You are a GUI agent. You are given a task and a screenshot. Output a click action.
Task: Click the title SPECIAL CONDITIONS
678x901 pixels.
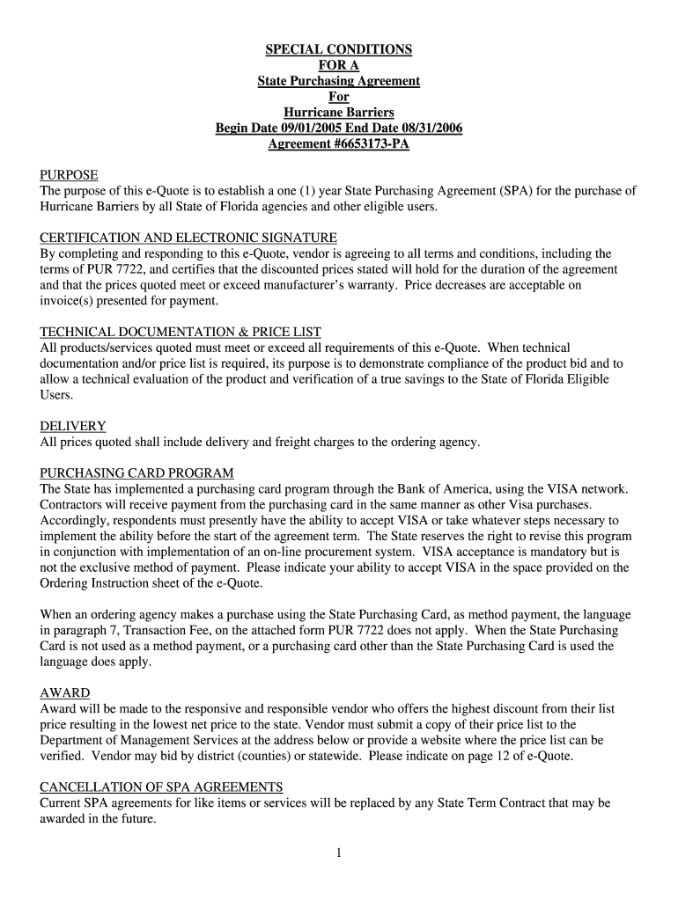coord(339,49)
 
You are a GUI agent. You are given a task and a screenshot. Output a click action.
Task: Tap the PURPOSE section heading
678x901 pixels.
coord(69,175)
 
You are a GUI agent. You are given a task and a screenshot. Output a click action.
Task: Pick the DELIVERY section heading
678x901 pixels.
coord(73,426)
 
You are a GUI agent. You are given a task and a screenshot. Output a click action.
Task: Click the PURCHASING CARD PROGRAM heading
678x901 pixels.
coord(136,473)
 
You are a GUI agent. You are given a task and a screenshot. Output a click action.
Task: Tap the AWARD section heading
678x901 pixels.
coord(65,693)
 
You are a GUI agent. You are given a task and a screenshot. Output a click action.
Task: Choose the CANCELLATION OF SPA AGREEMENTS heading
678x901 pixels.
coord(161,787)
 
